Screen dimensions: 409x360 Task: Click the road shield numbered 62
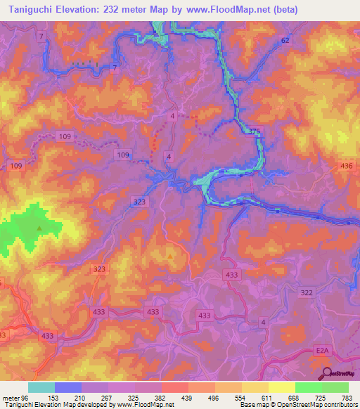click(284, 41)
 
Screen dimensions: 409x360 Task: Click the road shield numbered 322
click(306, 292)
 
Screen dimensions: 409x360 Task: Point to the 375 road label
click(255, 131)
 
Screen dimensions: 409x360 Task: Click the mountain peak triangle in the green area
click(39, 228)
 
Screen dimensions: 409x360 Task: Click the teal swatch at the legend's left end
click(41, 387)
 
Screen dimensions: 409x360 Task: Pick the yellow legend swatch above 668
click(281, 387)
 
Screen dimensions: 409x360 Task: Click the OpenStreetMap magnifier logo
click(326, 373)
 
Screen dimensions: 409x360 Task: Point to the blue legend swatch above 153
click(68, 387)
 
